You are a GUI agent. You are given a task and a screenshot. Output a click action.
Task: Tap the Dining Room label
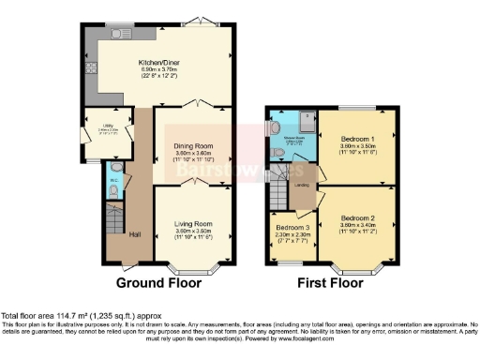pyautogui.click(x=193, y=146)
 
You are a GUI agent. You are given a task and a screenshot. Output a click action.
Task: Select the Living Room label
pyautogui.click(x=193, y=224)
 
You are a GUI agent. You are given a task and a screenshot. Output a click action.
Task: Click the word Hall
pyautogui.click(x=134, y=233)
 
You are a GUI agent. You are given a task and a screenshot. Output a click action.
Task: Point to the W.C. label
pyautogui.click(x=113, y=179)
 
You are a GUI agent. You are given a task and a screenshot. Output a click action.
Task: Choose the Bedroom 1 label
pyautogui.click(x=355, y=137)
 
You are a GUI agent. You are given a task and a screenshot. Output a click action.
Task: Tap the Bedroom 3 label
pyautogui.click(x=292, y=228)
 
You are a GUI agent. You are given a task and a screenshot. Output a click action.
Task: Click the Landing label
pyautogui.click(x=303, y=184)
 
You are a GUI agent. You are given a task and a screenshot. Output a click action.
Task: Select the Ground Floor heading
pyautogui.click(x=153, y=280)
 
